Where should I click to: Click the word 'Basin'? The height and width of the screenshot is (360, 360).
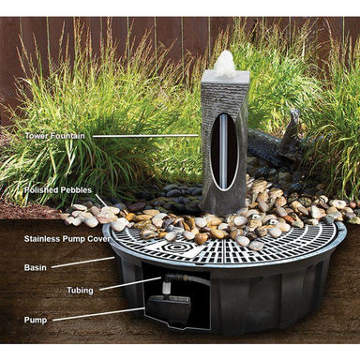click(x=36, y=267)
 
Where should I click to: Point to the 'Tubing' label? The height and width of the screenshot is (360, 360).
click(x=80, y=291)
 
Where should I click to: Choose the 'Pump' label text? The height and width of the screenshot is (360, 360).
click(x=36, y=320)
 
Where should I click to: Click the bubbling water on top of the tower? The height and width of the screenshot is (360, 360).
click(x=225, y=64)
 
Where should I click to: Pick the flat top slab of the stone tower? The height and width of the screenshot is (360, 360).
click(x=225, y=79)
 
